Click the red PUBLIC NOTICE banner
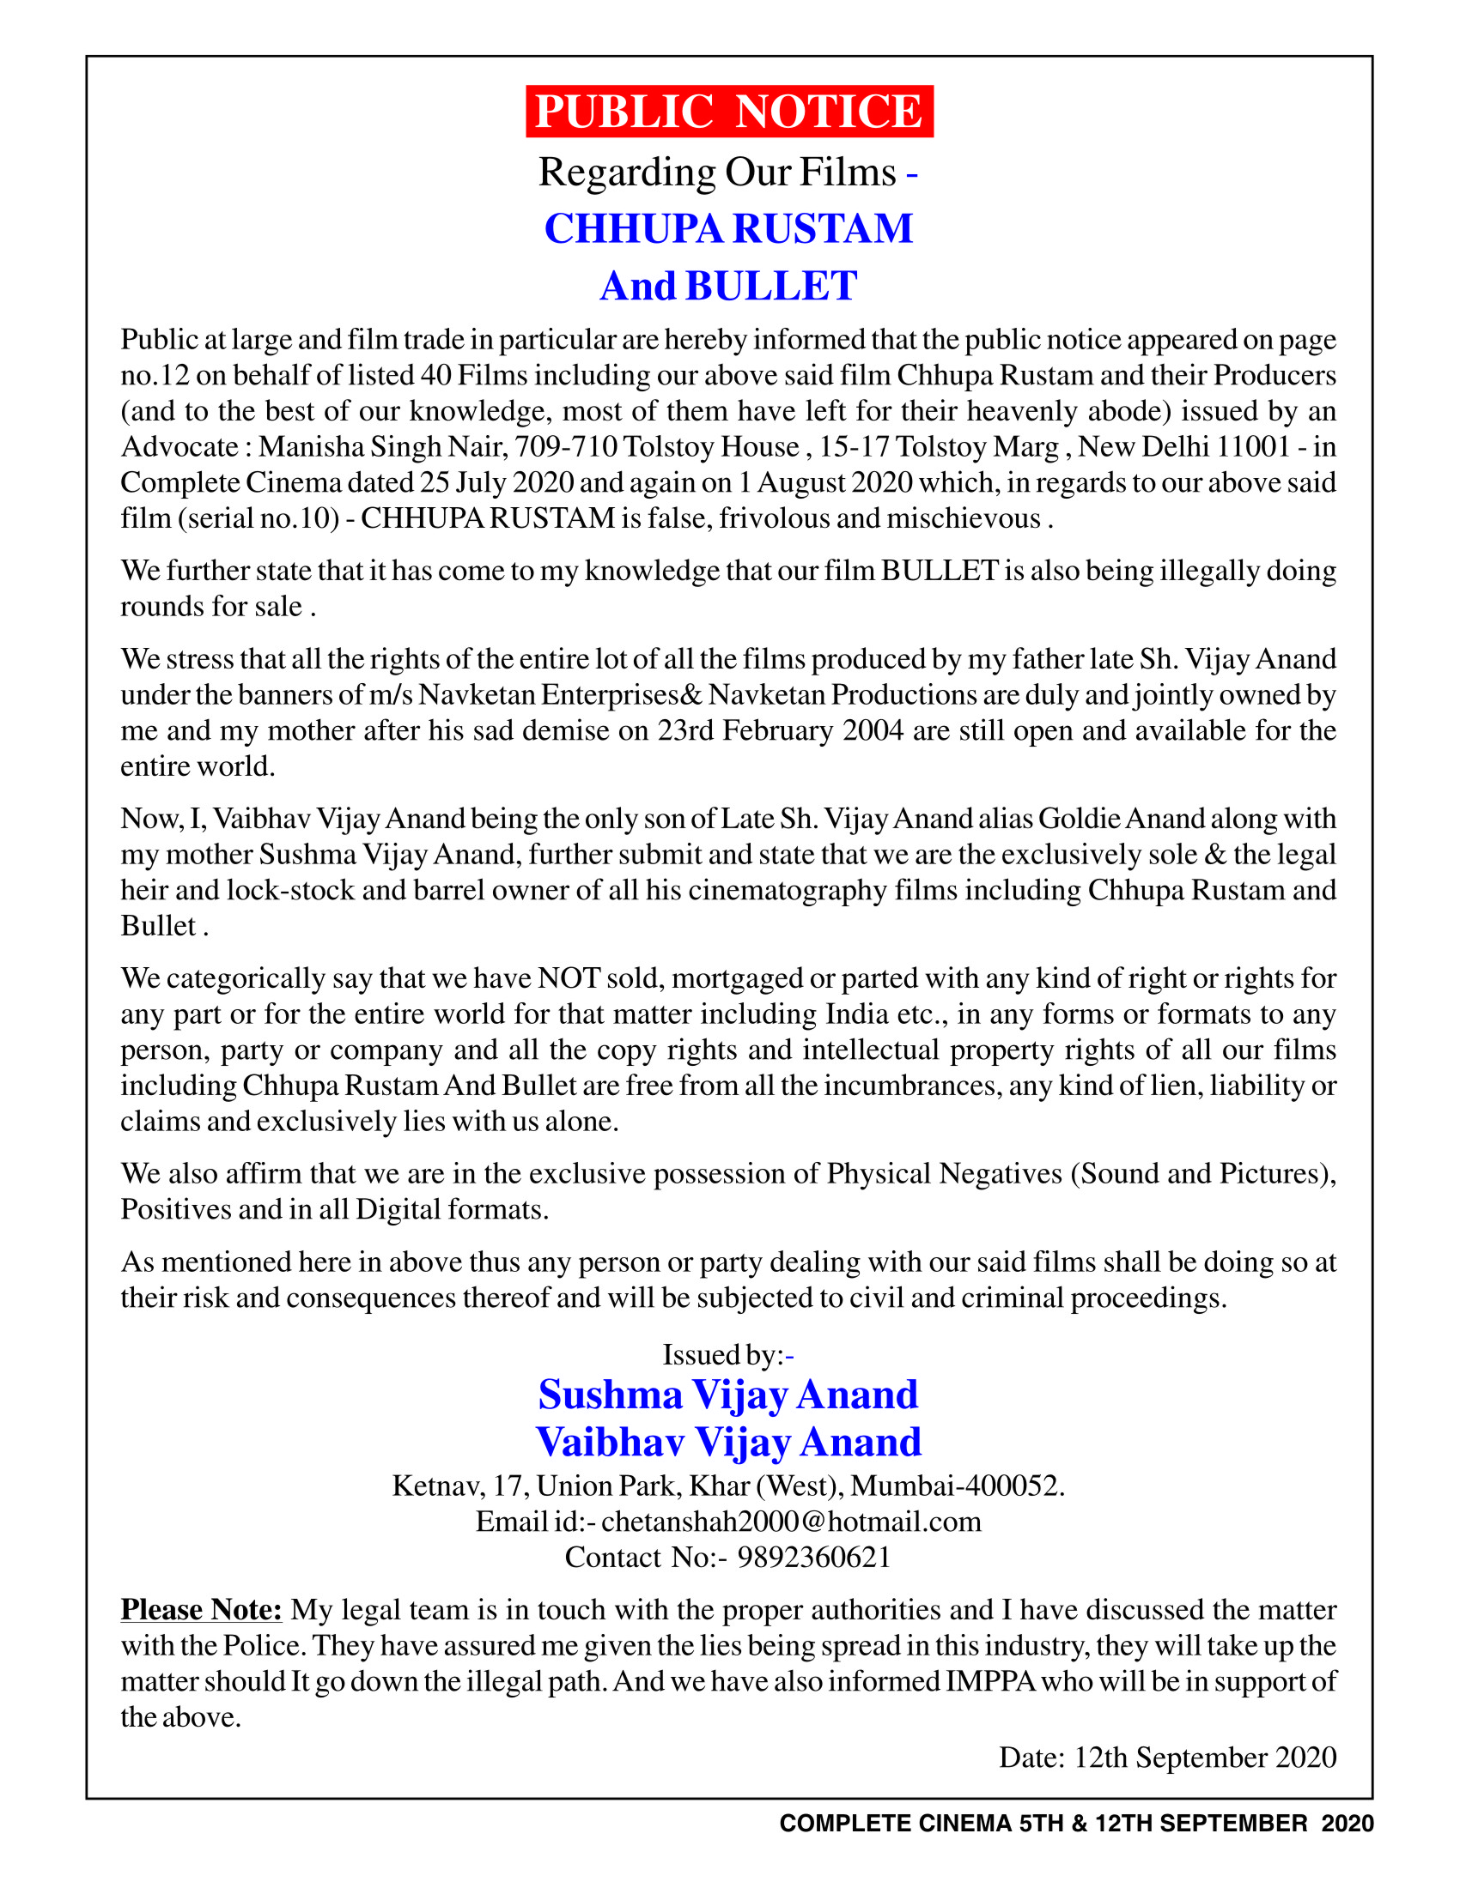click(729, 112)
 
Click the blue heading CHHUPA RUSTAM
click(728, 229)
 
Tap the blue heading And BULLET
click(728, 286)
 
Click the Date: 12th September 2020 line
click(1167, 1758)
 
